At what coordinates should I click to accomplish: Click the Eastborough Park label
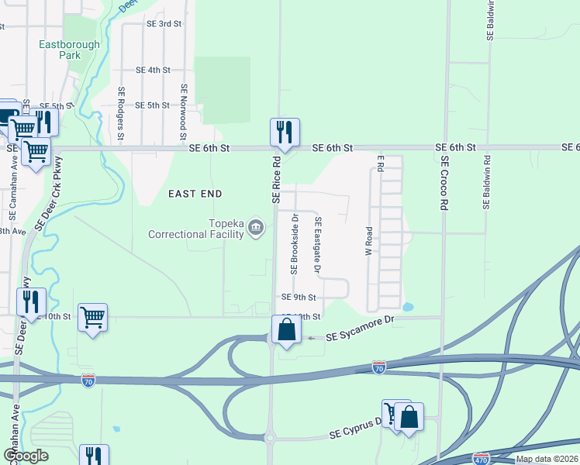click(70, 50)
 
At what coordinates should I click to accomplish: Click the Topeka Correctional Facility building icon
click(257, 228)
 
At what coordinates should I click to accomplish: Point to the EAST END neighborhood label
click(196, 194)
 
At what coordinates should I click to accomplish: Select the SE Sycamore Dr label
click(361, 336)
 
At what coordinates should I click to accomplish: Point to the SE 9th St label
click(299, 297)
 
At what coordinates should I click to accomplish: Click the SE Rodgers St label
click(122, 113)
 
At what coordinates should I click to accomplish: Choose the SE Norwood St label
click(184, 112)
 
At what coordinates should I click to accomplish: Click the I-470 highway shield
click(482, 457)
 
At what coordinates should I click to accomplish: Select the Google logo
click(26, 456)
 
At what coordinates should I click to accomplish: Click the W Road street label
click(369, 241)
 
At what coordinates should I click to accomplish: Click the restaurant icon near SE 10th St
click(31, 301)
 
